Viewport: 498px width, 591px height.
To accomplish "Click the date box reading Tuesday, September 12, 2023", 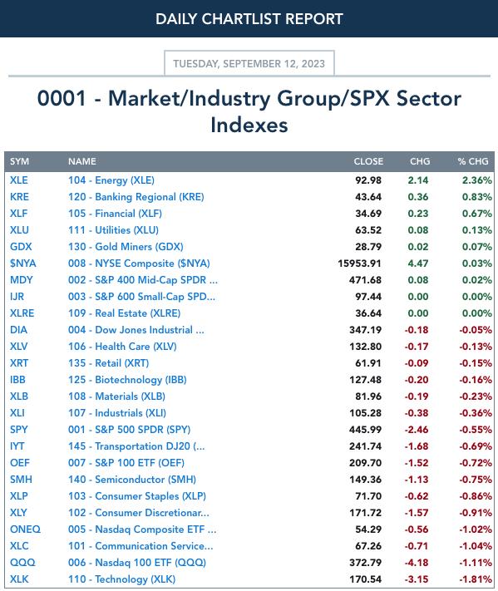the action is pyautogui.click(x=249, y=63).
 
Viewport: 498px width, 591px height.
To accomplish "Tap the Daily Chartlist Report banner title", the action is pyautogui.click(x=249, y=19).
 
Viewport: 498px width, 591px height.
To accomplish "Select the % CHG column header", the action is pyautogui.click(x=473, y=161).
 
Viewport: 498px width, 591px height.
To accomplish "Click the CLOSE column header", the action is pyautogui.click(x=368, y=161).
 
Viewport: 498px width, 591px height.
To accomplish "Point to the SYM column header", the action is pyautogui.click(x=20, y=161).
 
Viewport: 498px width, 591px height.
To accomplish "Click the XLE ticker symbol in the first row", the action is pyautogui.click(x=19, y=180).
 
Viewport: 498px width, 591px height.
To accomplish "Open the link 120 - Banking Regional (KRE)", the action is pyautogui.click(x=136, y=197).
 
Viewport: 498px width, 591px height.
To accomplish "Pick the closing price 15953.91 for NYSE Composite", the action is pyautogui.click(x=359, y=263).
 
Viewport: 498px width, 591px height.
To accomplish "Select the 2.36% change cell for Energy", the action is pyautogui.click(x=477, y=180).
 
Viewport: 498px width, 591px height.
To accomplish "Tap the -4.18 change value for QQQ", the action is pyautogui.click(x=417, y=563).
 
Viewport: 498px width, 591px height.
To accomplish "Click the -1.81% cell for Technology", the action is pyautogui.click(x=476, y=579).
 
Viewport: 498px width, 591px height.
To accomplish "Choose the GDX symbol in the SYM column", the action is pyautogui.click(x=21, y=247).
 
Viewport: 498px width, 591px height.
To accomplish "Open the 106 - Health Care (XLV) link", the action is pyautogui.click(x=122, y=347).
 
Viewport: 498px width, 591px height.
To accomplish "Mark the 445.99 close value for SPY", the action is pyautogui.click(x=365, y=429).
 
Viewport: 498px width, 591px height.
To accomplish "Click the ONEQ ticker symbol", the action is pyautogui.click(x=25, y=529).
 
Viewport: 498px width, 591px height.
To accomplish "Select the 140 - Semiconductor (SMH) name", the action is pyautogui.click(x=132, y=480).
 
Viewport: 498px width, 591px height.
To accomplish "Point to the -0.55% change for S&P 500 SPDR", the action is pyautogui.click(x=476, y=429).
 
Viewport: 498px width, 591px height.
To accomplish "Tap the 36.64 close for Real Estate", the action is pyautogui.click(x=368, y=313).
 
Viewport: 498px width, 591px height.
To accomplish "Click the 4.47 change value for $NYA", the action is pyautogui.click(x=418, y=263).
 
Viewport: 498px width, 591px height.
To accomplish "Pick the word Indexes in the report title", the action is pyautogui.click(x=249, y=126).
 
